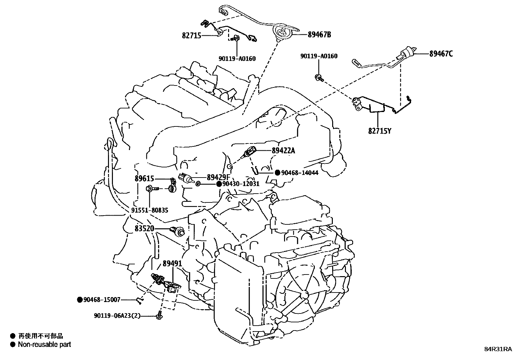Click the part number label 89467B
[x=319, y=34]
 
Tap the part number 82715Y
[x=380, y=131]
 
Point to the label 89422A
[x=283, y=151]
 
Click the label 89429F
[x=219, y=177]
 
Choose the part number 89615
[x=144, y=179]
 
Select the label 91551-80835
[x=150, y=210]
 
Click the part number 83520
[x=144, y=228]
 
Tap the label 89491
[x=172, y=264]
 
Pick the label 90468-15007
[x=102, y=299]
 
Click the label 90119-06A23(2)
[x=117, y=316]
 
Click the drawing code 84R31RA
[x=498, y=349]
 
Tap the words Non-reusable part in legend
[x=44, y=344]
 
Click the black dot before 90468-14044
[x=277, y=173]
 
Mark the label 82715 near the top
[x=191, y=35]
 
